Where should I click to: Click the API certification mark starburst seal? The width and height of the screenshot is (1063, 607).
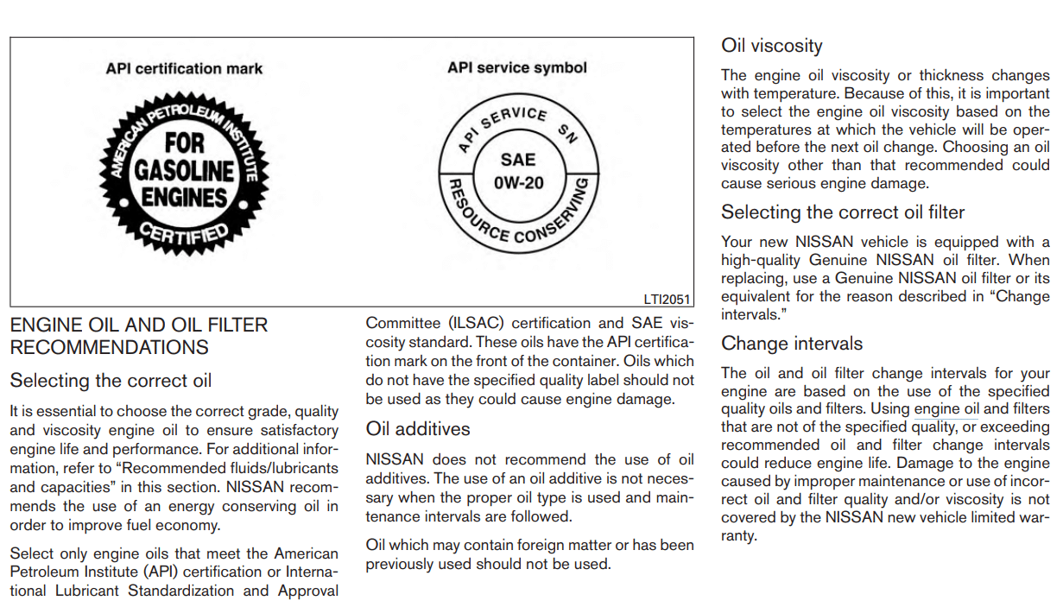point(182,170)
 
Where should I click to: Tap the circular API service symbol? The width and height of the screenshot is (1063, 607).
point(517,172)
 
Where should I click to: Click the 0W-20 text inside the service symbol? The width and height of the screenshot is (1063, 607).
point(518,183)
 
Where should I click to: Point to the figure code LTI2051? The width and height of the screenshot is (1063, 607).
point(667,299)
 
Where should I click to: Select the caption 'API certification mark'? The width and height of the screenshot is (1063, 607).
point(184,68)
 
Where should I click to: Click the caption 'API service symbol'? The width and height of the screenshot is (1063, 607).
point(516,67)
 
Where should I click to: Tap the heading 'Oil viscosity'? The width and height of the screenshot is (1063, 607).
point(771,46)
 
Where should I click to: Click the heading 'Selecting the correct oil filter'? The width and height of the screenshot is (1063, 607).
point(842,212)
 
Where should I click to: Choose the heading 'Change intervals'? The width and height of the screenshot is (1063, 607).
point(791,344)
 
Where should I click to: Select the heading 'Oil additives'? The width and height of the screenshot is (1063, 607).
point(418,429)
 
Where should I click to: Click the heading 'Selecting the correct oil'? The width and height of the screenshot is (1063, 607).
point(111,381)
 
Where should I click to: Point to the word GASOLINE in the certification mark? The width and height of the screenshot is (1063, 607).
point(184,169)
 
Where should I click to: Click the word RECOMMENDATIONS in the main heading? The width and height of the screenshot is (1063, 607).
point(109,348)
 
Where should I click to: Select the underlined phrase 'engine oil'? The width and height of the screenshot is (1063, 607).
point(946,409)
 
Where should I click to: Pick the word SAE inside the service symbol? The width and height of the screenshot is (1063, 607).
point(518,160)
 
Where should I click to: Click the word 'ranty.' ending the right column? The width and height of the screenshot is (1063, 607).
point(738,535)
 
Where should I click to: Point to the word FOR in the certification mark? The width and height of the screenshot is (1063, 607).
point(184,142)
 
